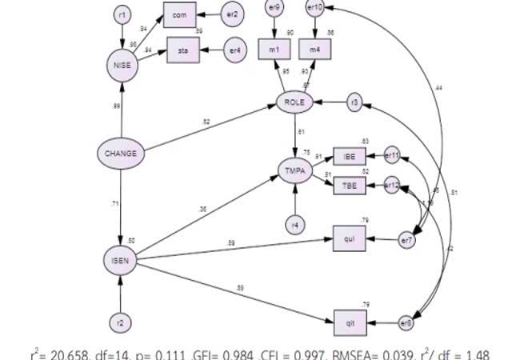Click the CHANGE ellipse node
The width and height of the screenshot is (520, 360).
121,153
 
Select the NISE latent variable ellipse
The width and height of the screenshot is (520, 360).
122,67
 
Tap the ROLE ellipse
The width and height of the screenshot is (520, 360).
296,102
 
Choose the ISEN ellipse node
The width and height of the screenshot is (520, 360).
121,260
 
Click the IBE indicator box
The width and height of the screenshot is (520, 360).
350,156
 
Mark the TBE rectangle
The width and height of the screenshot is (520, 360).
350,186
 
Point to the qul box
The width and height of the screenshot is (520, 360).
350,239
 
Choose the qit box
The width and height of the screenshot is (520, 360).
350,322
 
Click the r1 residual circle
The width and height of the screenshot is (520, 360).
121,14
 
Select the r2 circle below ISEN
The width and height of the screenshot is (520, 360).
120,324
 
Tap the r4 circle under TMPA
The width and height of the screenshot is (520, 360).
296,225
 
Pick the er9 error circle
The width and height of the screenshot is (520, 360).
275,9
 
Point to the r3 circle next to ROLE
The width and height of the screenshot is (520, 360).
354,102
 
